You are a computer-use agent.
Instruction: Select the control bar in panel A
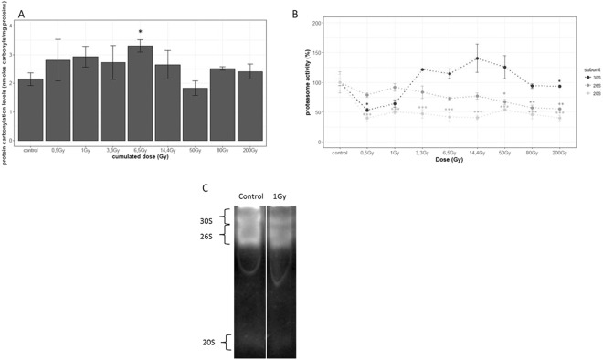[30, 110]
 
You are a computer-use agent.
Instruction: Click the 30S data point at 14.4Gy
[476, 58]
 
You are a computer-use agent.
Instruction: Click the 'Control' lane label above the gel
[249, 195]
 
